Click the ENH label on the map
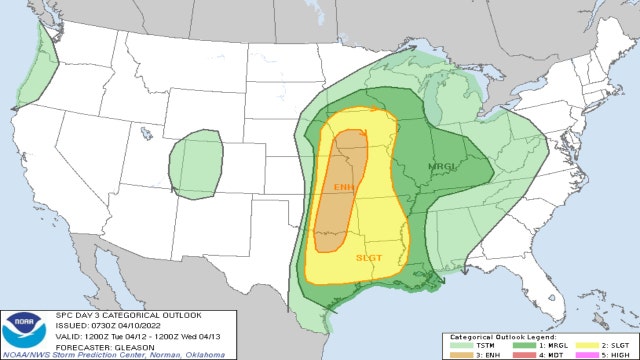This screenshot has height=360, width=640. [x=343, y=187]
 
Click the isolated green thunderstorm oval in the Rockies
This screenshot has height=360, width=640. [x=196, y=163]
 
